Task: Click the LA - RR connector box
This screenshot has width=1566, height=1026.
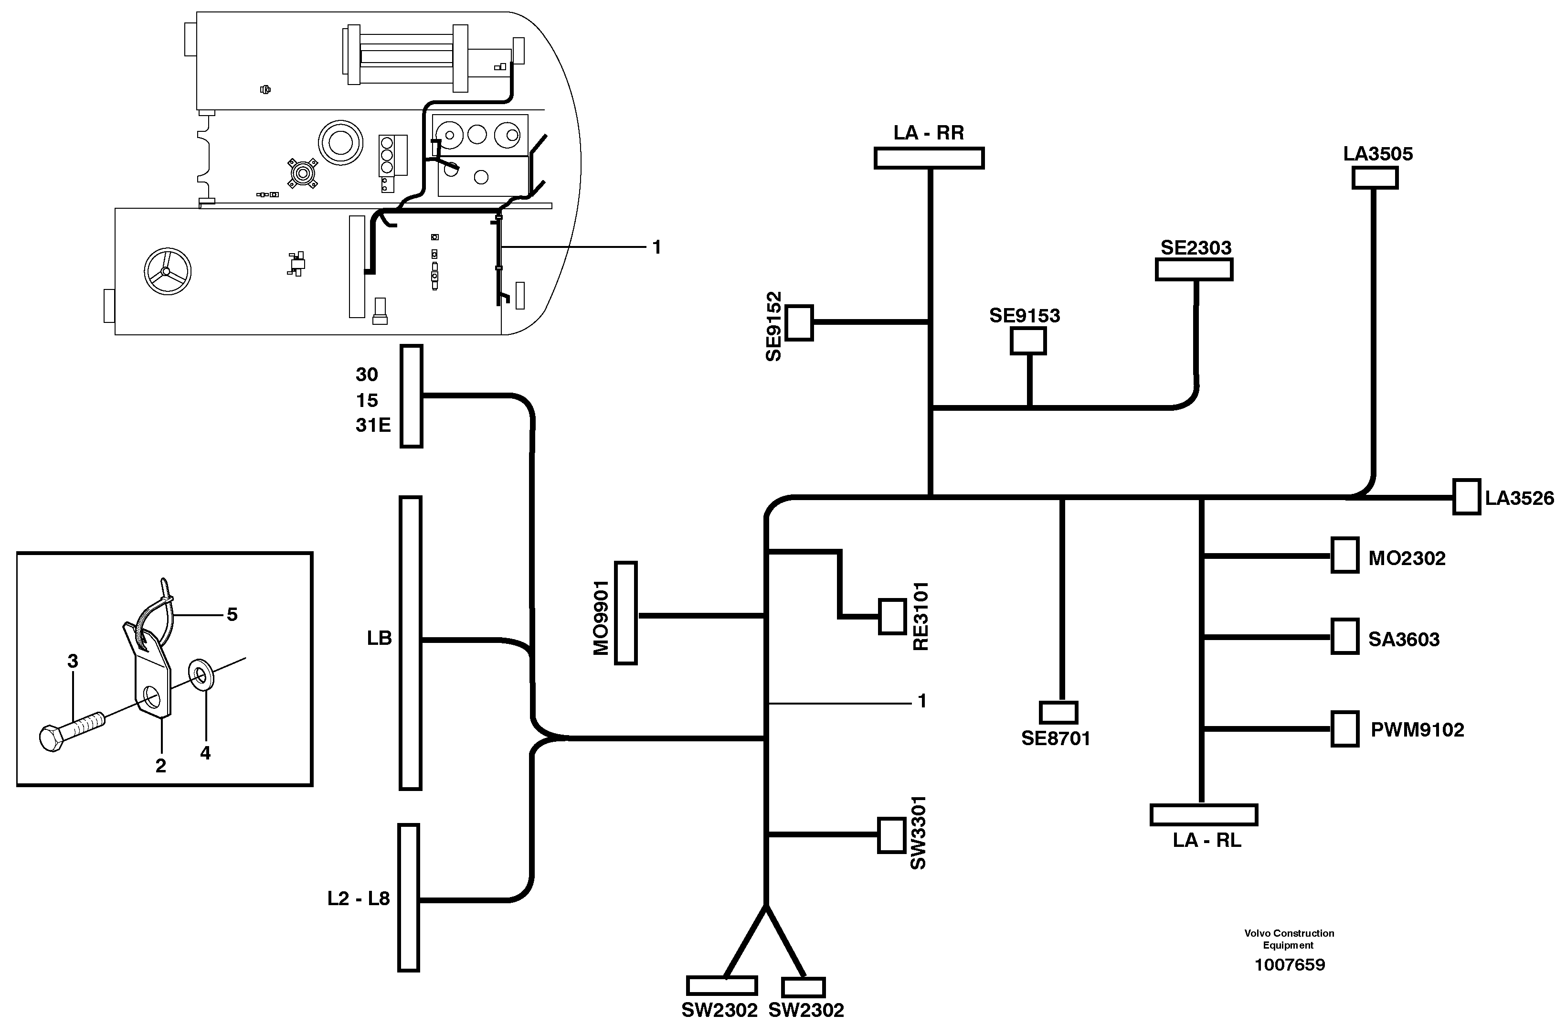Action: pos(929,159)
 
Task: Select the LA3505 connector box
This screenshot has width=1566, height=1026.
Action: pos(1375,178)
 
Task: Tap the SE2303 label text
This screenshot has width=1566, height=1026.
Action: pos(1196,248)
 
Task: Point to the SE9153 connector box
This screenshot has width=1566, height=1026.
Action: pos(1028,341)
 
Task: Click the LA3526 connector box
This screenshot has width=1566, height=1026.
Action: pos(1466,497)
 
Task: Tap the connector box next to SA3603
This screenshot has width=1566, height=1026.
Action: pos(1345,636)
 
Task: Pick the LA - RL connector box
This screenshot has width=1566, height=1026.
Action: pos(1204,815)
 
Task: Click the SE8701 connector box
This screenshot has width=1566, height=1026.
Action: pos(1058,713)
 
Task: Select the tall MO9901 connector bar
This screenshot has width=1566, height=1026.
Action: pos(626,613)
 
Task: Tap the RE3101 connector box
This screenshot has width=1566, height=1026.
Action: pos(892,617)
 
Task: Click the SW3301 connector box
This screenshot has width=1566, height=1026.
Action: pos(891,835)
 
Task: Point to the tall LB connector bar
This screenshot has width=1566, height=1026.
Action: pos(411,643)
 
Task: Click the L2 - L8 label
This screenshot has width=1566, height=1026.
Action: pos(359,898)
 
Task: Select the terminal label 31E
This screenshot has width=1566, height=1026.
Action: pos(373,426)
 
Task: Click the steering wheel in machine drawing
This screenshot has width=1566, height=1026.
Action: pos(167,272)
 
